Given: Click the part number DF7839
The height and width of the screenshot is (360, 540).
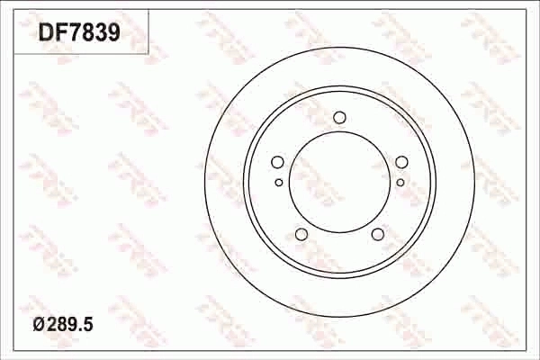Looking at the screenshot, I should click(x=79, y=34).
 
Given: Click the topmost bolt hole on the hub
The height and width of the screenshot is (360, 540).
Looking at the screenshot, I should click(x=339, y=117).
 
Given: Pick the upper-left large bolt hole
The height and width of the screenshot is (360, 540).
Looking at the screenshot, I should click(x=277, y=162).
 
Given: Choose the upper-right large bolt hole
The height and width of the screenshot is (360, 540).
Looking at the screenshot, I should click(x=401, y=162).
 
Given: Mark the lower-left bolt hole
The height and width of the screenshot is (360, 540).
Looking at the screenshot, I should click(x=301, y=235).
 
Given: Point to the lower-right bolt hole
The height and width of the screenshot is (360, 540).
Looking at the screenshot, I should click(x=378, y=235).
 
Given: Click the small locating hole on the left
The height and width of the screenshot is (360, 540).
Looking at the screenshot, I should click(x=279, y=183).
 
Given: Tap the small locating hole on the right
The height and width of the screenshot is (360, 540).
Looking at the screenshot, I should click(x=400, y=183).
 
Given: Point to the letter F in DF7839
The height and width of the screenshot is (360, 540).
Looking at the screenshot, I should click(x=59, y=34).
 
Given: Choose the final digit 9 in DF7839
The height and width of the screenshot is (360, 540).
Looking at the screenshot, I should click(x=113, y=34).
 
